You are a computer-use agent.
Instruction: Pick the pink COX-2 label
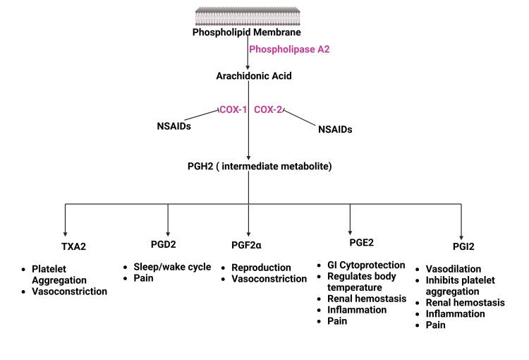tap(269, 110)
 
